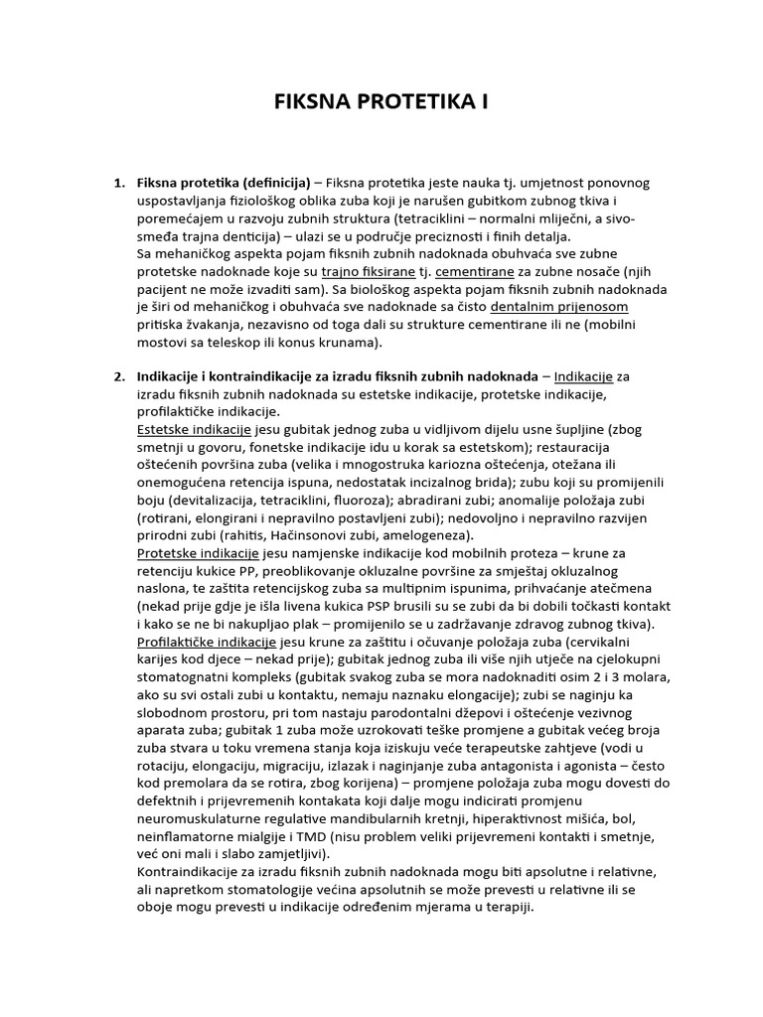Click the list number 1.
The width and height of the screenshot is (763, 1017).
pos(118,183)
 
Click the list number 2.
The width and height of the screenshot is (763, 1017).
pos(118,376)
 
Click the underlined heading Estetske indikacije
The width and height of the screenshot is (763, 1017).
pos(193,430)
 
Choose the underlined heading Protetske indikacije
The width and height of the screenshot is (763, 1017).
pos(197,553)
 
